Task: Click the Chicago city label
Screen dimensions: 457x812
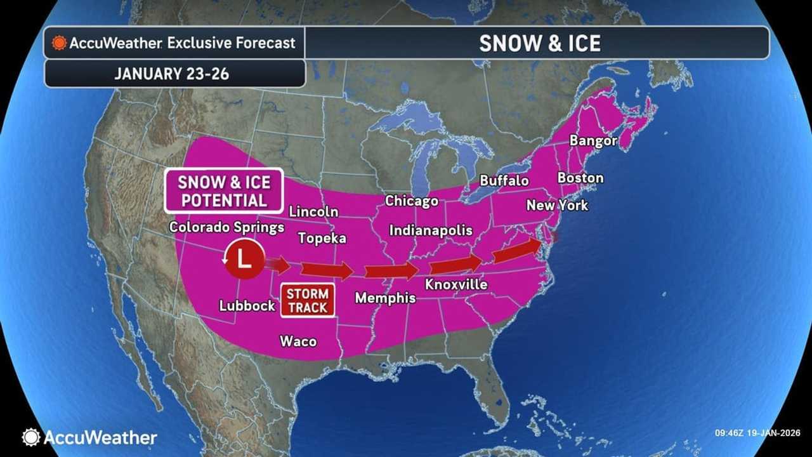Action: tap(412, 201)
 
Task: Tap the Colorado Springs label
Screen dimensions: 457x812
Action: tap(226, 227)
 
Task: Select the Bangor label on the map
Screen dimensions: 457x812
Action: tap(593, 140)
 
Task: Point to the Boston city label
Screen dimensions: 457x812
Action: tap(580, 178)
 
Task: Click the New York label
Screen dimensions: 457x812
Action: tap(557, 206)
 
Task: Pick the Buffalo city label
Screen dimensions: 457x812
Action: tap(504, 180)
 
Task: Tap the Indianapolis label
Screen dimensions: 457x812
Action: tap(431, 230)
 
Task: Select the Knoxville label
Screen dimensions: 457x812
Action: tap(456, 284)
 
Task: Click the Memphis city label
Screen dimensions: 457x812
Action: tap(385, 298)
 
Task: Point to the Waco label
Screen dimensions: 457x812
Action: tap(298, 341)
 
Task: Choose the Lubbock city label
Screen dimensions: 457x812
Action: tap(247, 305)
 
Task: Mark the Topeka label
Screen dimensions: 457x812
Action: tap(322, 238)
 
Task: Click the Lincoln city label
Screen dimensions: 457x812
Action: tap(313, 211)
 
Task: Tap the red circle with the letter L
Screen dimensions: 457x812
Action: tap(245, 258)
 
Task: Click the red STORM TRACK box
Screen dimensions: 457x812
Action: tap(308, 301)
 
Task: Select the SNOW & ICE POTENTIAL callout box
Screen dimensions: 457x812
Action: tap(223, 191)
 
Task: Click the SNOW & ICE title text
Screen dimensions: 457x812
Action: tap(539, 43)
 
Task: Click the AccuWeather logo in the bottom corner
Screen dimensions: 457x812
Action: tap(89, 437)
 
